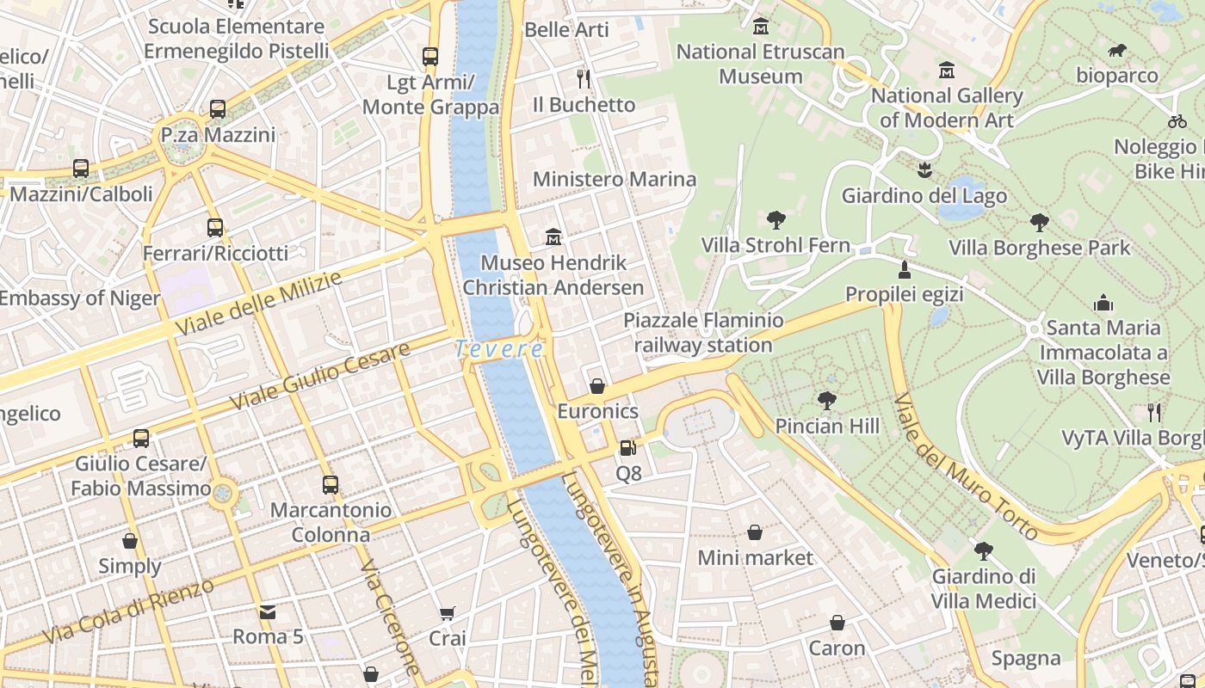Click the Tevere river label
(499, 349)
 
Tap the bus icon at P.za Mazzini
(218, 109)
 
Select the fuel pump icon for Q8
(628, 448)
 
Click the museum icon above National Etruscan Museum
(760, 27)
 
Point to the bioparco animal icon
(1117, 51)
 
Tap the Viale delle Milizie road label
(258, 304)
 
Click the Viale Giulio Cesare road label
(320, 377)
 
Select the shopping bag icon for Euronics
(597, 386)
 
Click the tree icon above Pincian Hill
(827, 401)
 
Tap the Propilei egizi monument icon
(904, 269)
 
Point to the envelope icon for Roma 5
(268, 612)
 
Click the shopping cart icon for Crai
(447, 613)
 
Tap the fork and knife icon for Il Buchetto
(584, 79)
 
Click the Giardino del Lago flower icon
(924, 169)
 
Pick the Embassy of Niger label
(80, 298)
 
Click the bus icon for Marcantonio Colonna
(331, 484)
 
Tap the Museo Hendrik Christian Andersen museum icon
(553, 236)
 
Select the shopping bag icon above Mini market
(755, 532)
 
